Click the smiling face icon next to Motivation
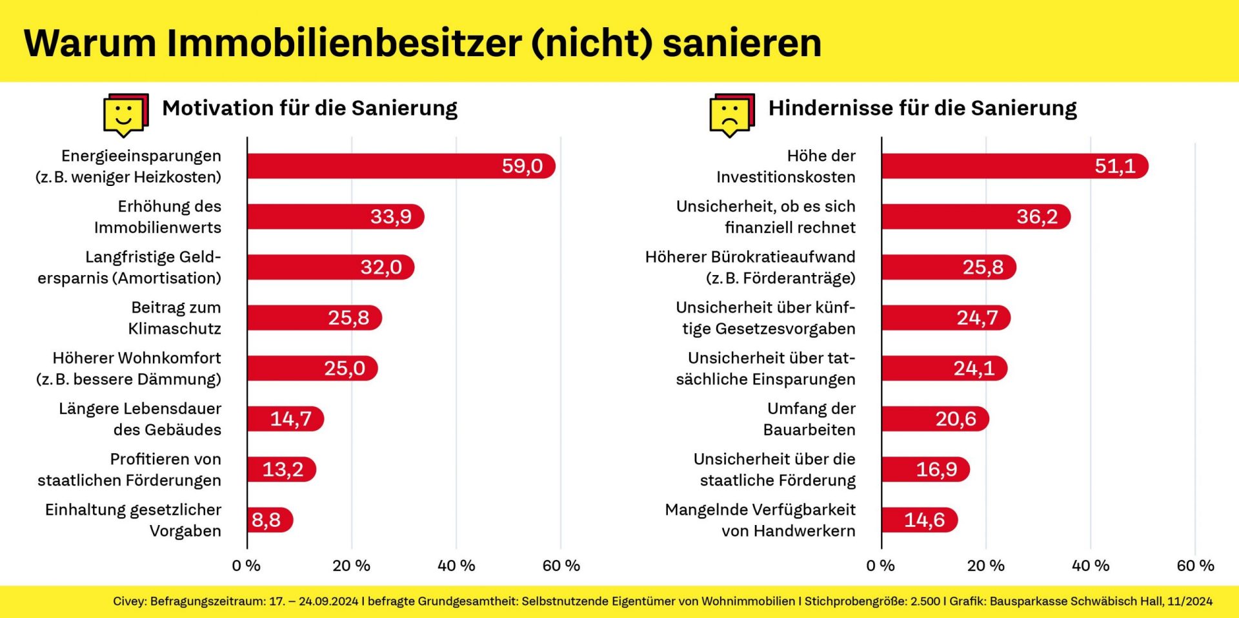124,115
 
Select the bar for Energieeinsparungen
400,166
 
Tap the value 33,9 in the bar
390,216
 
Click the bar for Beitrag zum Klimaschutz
314,318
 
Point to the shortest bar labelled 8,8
270,520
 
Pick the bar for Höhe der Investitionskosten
1014,166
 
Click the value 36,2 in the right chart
1037,216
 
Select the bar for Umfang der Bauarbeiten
934,419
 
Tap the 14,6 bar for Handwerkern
920,520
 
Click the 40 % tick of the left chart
456,566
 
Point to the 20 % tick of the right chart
985,566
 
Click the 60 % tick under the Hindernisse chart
1195,566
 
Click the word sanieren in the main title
742,43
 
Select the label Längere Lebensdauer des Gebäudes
140,419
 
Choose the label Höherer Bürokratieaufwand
750,257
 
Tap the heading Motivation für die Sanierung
310,108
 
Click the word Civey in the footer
128,601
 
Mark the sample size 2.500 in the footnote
925,601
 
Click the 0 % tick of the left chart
246,566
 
